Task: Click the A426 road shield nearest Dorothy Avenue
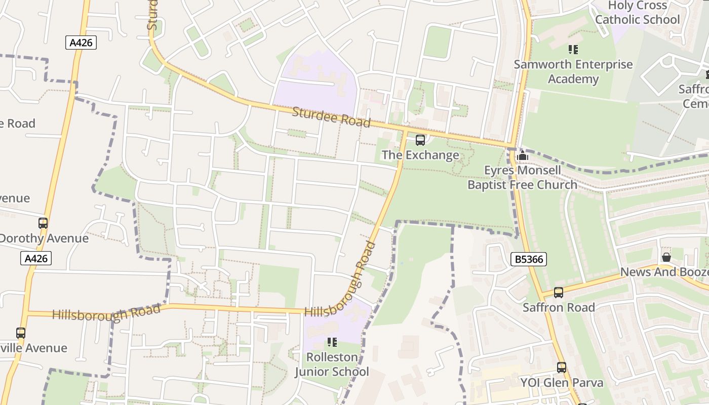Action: [36, 259]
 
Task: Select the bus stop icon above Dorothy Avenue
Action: [43, 223]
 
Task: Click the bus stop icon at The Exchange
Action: [420, 140]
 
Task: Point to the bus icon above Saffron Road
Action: [558, 293]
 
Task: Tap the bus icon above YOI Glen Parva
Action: [561, 368]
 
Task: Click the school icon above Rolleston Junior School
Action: [332, 342]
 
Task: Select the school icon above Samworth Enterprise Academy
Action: [573, 50]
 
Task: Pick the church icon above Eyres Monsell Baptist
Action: [523, 156]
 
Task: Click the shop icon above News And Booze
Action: [666, 257]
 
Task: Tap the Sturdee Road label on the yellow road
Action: [331, 117]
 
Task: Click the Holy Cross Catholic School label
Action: [637, 13]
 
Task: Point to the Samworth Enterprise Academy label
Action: [573, 72]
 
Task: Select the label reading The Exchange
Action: [420, 155]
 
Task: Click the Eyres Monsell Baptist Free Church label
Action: [522, 178]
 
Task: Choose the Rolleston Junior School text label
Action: [332, 364]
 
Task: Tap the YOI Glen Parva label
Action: [562, 382]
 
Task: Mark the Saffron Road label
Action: [559, 307]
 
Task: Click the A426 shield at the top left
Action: [81, 43]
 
